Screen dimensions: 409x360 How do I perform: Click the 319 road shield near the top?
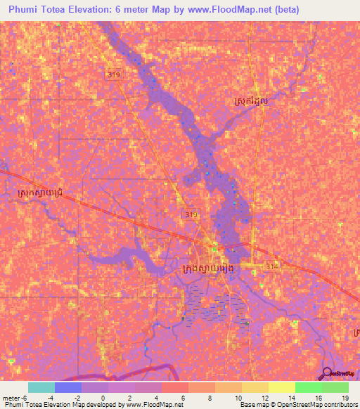coord(112,74)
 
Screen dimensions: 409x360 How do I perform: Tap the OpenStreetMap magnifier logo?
coord(327,373)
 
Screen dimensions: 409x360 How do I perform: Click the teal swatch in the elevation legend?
coord(41,387)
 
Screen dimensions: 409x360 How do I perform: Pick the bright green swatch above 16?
coord(308,387)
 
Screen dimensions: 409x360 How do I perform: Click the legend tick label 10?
coord(229,398)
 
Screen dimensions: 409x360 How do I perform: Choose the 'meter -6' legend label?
coord(15,398)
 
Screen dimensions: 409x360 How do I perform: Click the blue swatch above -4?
coord(68,387)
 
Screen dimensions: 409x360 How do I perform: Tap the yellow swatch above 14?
coord(281,387)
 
